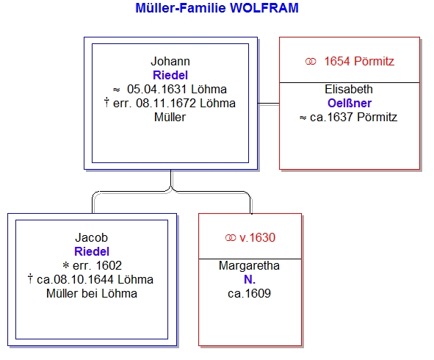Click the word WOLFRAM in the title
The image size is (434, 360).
264,8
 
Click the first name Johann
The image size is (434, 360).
170,61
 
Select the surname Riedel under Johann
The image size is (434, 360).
170,75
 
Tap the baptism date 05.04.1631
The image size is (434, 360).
156,89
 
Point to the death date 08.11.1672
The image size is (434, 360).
166,103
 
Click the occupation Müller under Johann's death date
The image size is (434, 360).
170,117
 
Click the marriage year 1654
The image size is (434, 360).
337,61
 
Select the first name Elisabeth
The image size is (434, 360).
349,89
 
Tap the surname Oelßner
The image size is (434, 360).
350,103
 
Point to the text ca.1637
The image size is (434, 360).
332,117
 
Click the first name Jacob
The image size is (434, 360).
91,237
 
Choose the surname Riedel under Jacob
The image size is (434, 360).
92,251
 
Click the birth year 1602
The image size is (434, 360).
109,265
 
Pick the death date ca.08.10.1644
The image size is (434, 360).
76,279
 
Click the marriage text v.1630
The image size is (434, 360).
258,237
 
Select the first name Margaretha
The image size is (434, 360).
249,265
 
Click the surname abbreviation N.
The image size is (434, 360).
250,279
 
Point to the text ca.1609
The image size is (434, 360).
249,294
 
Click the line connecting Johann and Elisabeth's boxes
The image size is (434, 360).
269,104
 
